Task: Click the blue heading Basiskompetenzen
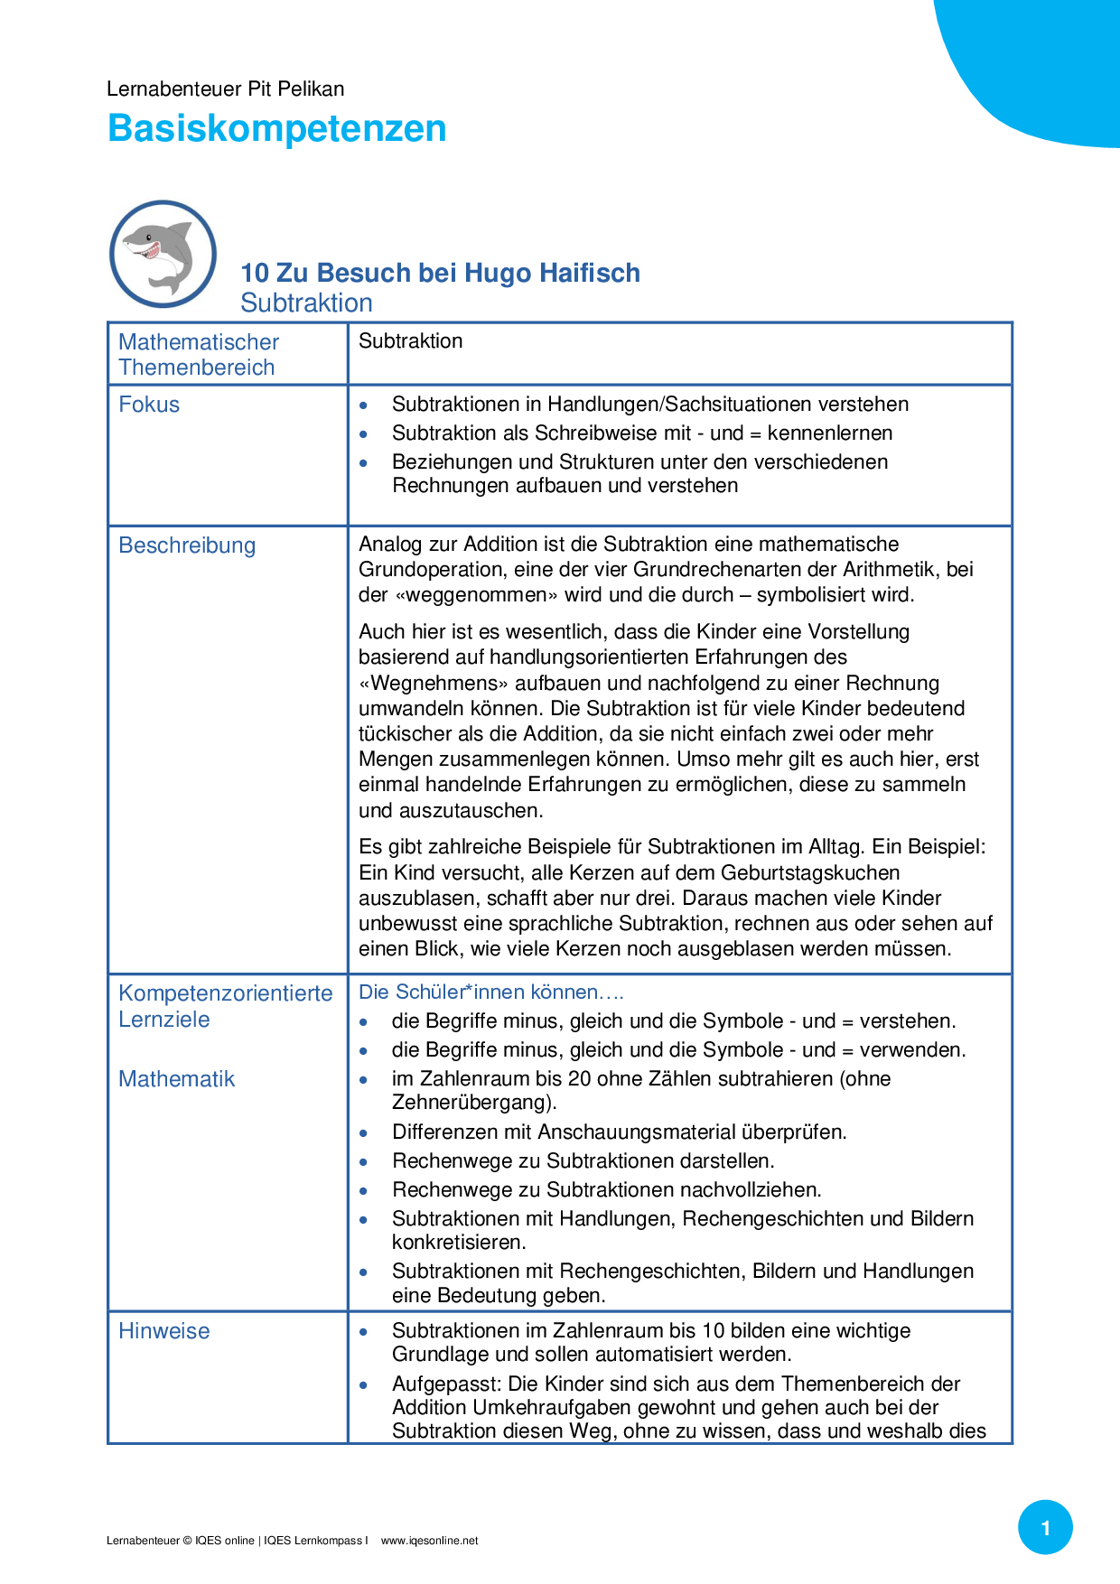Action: tap(276, 128)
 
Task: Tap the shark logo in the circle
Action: tap(163, 254)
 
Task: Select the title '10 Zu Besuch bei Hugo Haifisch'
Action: tap(440, 273)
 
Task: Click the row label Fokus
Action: tap(149, 405)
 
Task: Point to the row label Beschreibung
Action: tap(187, 545)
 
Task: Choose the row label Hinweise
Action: tap(163, 1331)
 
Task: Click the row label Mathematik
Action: tap(176, 1079)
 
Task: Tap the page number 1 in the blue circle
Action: tap(1045, 1528)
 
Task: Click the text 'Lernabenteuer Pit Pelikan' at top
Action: tap(225, 89)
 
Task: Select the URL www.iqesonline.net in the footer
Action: tap(429, 1541)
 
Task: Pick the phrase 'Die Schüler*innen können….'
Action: tap(491, 992)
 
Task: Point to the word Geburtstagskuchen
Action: tap(810, 873)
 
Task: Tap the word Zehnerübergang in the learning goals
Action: tap(471, 1103)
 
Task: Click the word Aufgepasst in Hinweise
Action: tap(446, 1384)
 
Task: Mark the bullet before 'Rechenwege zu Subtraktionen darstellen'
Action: tap(364, 1162)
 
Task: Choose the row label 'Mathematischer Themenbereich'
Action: tap(198, 355)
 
